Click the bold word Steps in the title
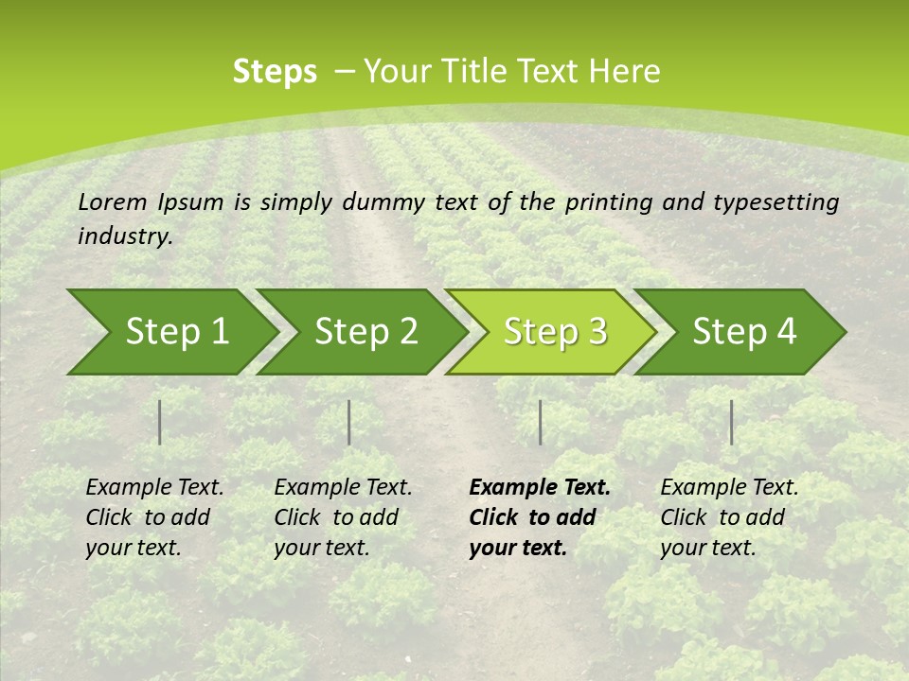click(x=275, y=72)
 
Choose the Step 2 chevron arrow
click(x=365, y=332)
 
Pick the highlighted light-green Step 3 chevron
click(x=555, y=332)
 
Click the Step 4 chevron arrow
click(x=744, y=332)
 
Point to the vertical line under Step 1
click(x=160, y=422)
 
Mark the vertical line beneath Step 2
click(x=349, y=422)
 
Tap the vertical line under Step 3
click(x=540, y=422)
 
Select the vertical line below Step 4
click(x=731, y=422)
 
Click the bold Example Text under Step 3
click(x=540, y=488)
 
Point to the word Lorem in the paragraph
click(x=114, y=201)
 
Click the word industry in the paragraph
click(x=124, y=236)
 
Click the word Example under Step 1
click(x=128, y=488)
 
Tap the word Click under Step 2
click(x=297, y=517)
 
